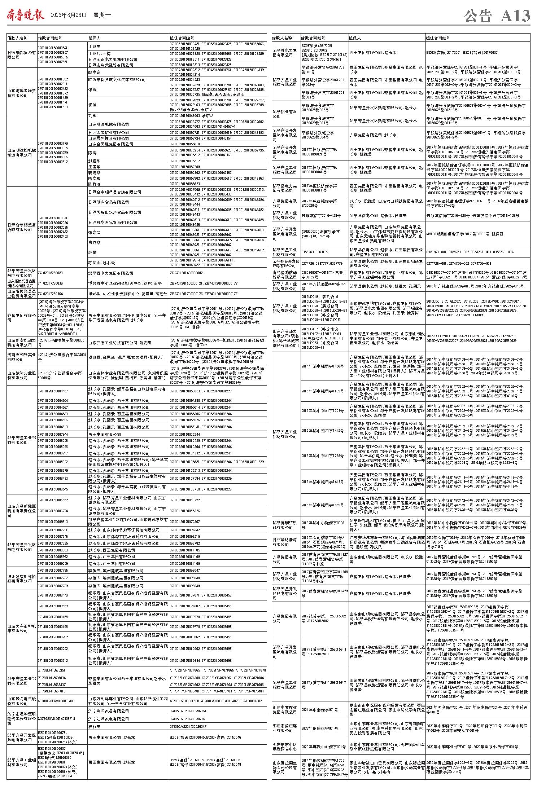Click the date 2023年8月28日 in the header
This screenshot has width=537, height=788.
69,16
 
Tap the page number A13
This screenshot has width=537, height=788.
515,16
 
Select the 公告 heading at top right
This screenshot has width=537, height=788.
478,16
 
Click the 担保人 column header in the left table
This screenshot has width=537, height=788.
95,38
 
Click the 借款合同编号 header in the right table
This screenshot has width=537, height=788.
313,38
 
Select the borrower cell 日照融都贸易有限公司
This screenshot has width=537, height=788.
22,55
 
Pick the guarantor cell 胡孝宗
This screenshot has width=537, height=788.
95,72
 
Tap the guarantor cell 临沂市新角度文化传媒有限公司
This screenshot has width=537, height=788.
112,80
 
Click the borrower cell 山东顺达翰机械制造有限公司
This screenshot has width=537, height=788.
22,153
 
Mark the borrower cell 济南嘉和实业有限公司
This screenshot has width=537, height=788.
22,357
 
